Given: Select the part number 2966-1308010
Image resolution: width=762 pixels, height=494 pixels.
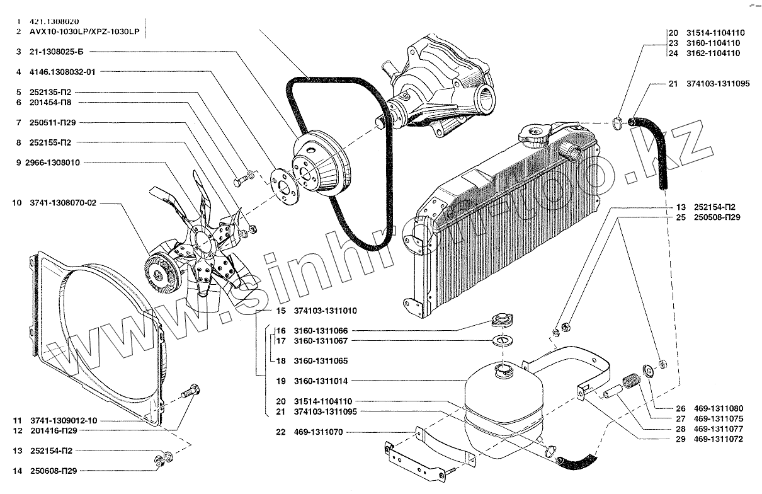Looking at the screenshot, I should click(53, 163).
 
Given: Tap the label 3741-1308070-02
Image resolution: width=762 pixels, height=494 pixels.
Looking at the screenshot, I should click(60, 204).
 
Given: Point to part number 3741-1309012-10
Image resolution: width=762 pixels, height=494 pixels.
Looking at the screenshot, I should click(62, 420).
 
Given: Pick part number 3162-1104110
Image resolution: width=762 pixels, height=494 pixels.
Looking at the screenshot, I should click(714, 54).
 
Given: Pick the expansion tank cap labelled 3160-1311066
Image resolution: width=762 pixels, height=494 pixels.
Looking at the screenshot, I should click(503, 321).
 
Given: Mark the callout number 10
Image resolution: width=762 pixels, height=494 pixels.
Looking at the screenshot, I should click(16, 204).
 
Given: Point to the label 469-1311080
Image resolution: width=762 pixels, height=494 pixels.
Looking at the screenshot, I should click(718, 407).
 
